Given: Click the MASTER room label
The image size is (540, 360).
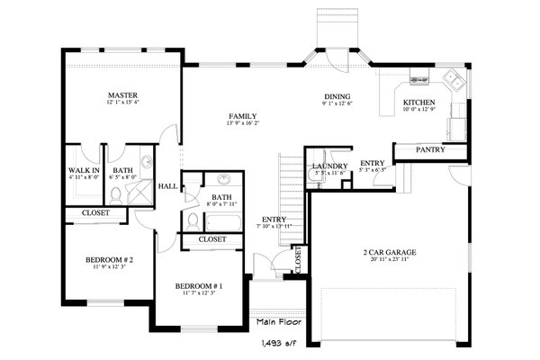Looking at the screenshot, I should pos(121,94).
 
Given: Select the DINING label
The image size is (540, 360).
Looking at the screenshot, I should pos(337,96).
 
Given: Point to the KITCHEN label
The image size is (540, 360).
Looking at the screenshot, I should pos(419,102).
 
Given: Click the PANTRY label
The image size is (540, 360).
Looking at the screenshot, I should pos(429,149).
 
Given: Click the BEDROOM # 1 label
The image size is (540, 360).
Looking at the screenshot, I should pos(198,285).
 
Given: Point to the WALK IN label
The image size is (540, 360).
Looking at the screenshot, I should pos(83,170).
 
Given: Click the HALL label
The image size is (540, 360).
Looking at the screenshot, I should pos(167,186).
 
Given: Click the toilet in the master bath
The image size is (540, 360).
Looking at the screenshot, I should pos(144,176).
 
